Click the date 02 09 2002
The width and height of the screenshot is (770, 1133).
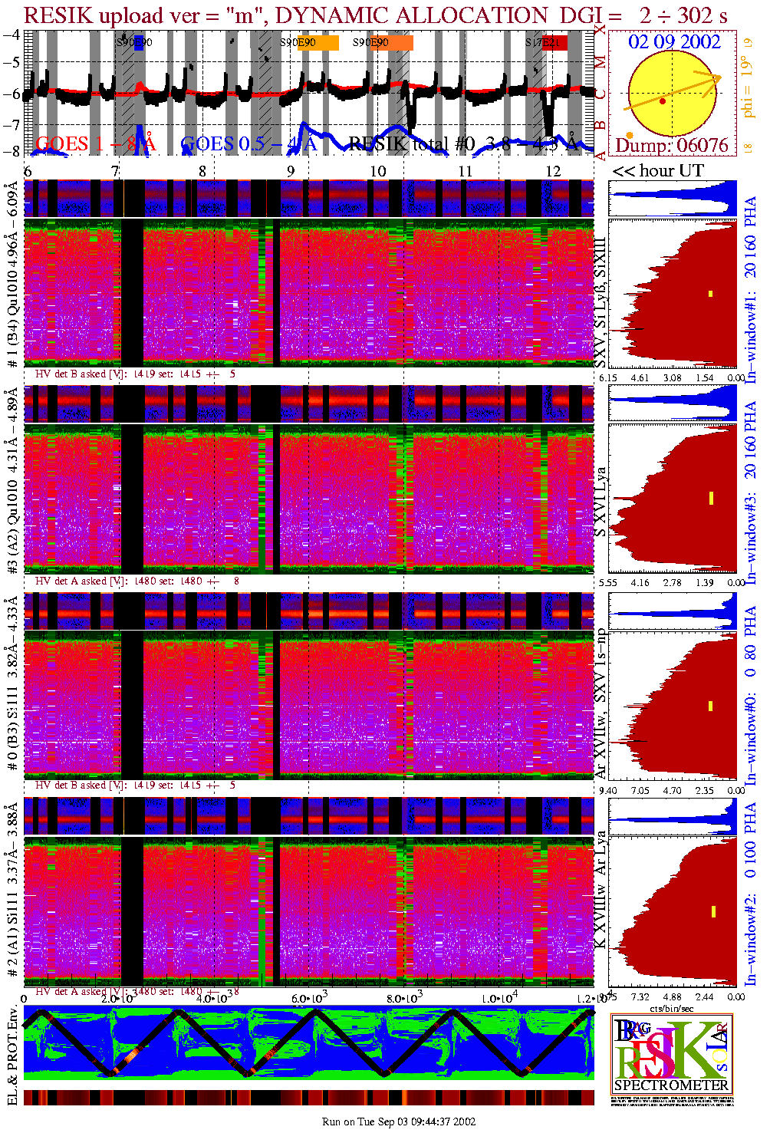[674, 42]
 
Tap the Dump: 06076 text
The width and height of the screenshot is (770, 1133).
[672, 145]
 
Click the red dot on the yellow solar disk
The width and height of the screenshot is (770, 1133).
[663, 101]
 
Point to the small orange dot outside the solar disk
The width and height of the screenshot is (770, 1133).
[630, 114]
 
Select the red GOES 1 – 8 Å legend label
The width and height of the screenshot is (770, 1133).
[95, 143]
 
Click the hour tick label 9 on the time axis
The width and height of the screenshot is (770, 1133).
[291, 171]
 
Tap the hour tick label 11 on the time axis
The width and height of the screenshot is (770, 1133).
[466, 171]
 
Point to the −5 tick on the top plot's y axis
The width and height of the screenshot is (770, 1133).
[12, 62]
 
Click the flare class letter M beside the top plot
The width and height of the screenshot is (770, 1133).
[601, 62]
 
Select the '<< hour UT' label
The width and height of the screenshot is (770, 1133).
[657, 171]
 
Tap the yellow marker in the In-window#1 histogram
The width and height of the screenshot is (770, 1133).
[711, 294]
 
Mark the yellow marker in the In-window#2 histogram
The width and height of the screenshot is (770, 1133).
[713, 911]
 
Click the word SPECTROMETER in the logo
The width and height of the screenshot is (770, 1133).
[671, 1085]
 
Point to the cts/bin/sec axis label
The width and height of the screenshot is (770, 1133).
[672, 1008]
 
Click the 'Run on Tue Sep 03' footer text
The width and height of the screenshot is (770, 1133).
[399, 1121]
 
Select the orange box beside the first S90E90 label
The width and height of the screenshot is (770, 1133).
[327, 43]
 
